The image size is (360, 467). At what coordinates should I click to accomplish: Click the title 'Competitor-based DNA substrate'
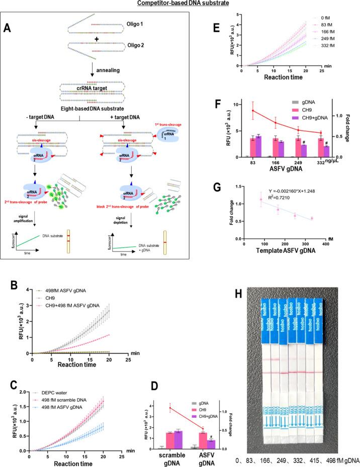[x=179, y=5]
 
